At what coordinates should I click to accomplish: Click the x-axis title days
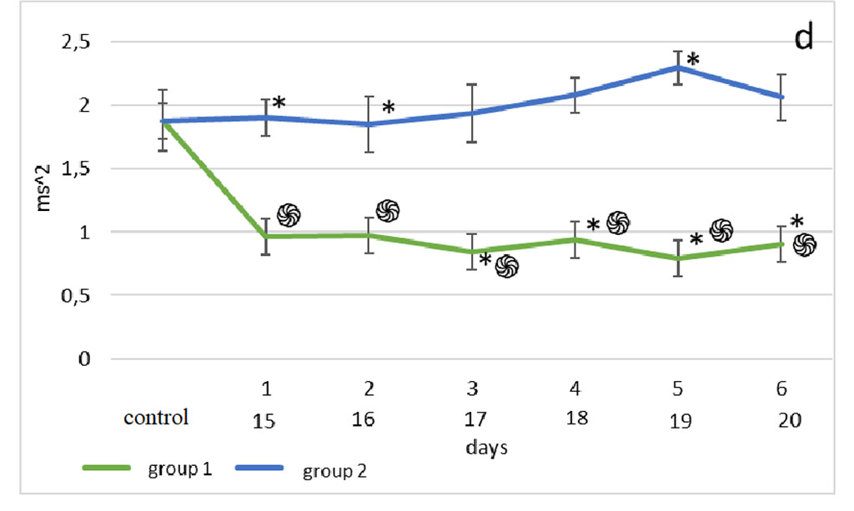pyautogui.click(x=488, y=447)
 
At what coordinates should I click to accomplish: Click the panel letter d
pyautogui.click(x=803, y=38)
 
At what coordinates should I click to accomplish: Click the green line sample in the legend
pyautogui.click(x=107, y=468)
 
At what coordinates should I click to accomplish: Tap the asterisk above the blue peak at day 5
pyautogui.click(x=692, y=60)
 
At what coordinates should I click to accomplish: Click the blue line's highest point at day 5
pyautogui.click(x=678, y=67)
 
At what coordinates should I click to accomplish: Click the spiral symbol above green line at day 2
pyautogui.click(x=388, y=211)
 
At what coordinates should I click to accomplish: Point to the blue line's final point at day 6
pyautogui.click(x=782, y=97)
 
